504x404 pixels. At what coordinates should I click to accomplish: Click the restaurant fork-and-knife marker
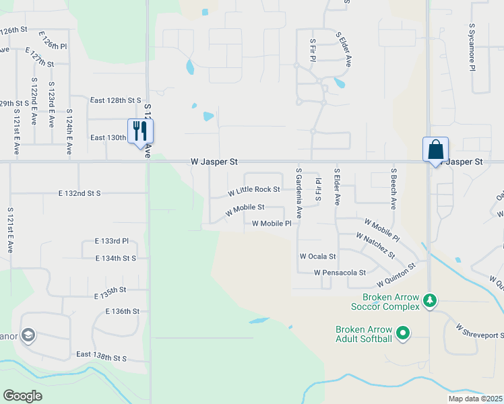point(141,131)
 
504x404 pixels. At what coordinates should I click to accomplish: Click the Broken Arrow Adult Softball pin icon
point(403,333)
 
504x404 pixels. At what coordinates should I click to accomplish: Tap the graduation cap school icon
point(28,335)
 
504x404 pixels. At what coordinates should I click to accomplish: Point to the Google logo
point(22,396)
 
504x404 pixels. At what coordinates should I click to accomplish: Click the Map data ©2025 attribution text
point(474,399)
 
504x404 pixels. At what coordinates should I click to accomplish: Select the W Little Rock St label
point(253,190)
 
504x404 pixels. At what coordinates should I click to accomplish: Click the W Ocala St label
point(317,257)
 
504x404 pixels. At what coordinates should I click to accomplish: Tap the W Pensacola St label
point(340,273)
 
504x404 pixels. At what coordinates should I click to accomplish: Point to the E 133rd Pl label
point(112,241)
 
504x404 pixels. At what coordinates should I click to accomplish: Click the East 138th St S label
point(101,354)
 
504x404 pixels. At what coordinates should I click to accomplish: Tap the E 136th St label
point(122,312)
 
